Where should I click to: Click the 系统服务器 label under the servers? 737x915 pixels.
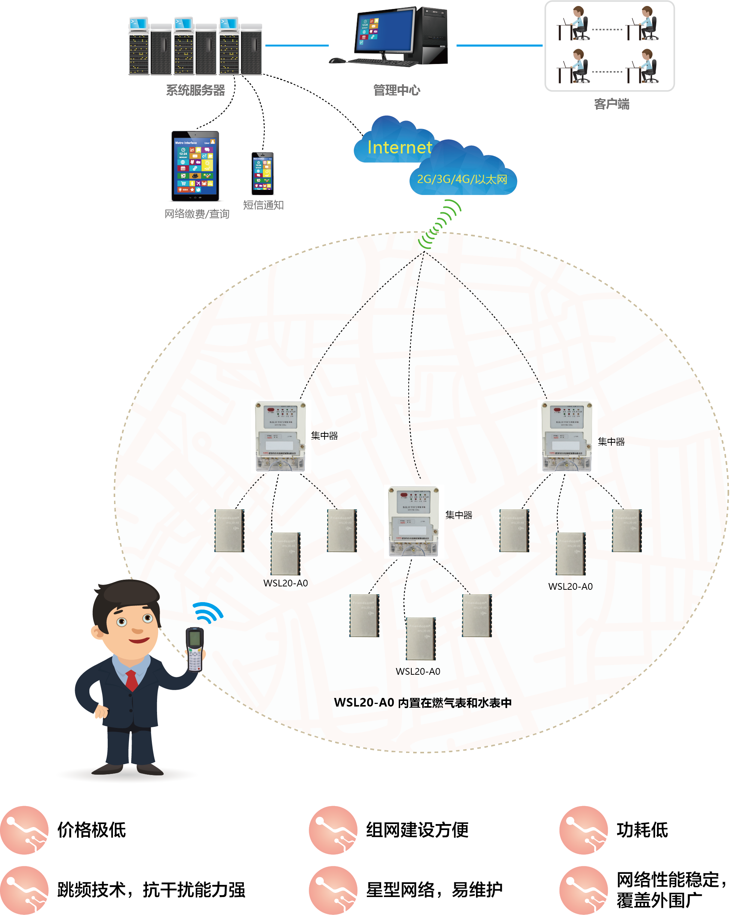[195, 91]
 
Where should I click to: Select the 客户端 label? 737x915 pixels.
[612, 104]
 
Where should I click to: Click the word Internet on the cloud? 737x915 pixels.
[399, 147]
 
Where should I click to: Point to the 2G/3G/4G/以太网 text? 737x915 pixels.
[462, 179]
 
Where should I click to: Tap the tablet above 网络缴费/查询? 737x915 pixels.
[195, 166]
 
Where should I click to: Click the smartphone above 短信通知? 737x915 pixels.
[263, 173]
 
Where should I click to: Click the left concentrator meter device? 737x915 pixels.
[280, 437]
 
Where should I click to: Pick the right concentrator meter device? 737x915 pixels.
[567, 437]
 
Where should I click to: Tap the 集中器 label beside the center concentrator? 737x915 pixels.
[459, 515]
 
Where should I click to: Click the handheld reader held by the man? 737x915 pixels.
[195, 650]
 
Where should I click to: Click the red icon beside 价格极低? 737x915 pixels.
[24, 830]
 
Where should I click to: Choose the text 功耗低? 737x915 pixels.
[642, 830]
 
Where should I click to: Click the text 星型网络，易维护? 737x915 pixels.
[434, 890]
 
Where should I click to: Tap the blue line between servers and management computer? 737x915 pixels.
[297, 45]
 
